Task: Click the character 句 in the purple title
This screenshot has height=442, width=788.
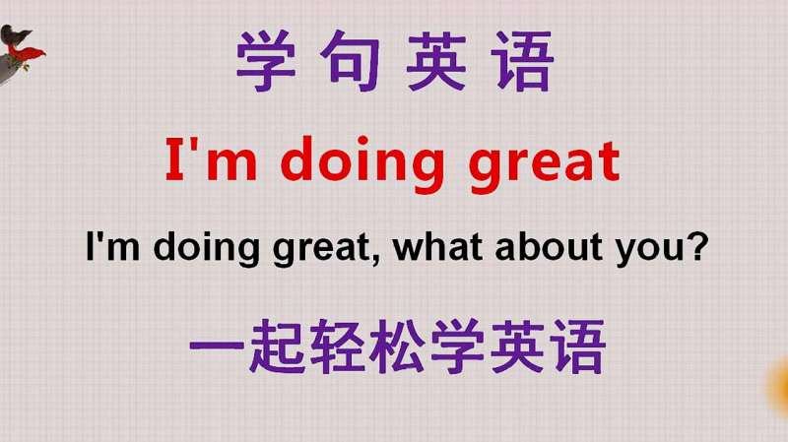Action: coord(350,61)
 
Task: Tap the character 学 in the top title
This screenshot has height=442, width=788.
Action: coord(265,61)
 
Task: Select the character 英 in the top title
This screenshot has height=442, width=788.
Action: coord(435,61)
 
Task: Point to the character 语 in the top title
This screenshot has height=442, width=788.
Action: coord(522,61)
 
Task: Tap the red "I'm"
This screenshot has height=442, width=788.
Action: coord(211,158)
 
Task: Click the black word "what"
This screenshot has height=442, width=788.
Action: coord(437,247)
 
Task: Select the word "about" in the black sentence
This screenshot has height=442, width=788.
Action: coord(549,247)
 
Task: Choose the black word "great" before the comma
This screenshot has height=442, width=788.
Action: coord(321,250)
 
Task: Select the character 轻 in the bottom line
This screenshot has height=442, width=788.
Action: coord(337,347)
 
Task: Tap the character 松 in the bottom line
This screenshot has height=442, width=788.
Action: coord(397,347)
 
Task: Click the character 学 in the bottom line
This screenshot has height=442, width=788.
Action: coord(457,347)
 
